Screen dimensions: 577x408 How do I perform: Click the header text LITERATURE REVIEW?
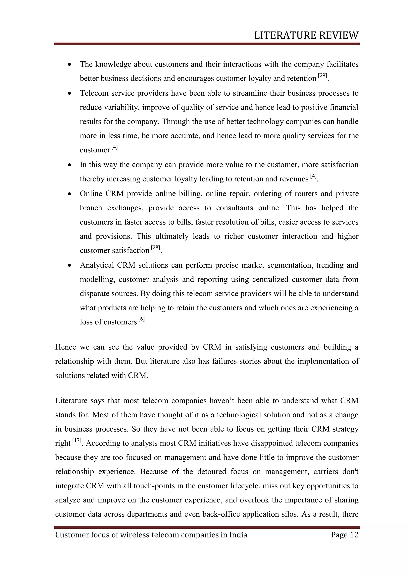point(306,35)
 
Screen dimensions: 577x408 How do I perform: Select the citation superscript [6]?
point(142,319)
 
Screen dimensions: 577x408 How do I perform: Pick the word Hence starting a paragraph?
point(65,347)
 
